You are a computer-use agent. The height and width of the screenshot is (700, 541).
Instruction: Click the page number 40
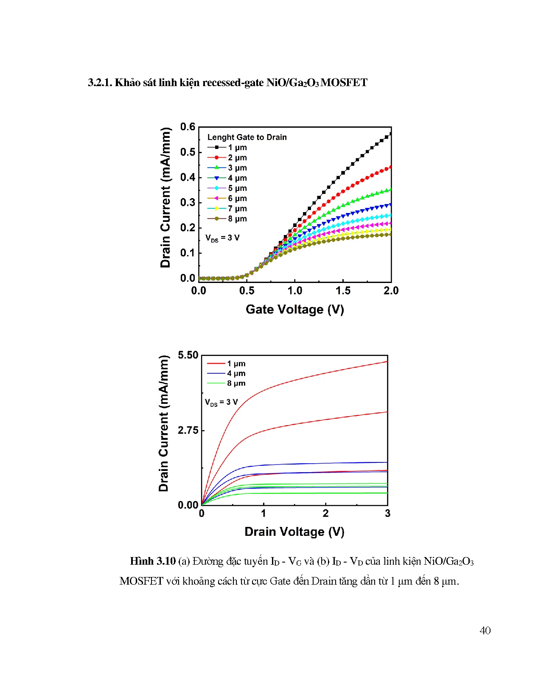[485, 630]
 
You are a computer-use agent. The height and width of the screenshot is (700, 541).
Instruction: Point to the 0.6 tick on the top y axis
[188, 127]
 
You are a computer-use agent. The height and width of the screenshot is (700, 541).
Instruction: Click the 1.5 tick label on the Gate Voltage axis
[343, 291]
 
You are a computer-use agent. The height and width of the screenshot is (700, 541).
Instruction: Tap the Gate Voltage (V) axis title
[294, 309]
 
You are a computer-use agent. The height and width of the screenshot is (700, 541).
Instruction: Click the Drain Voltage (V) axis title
[294, 532]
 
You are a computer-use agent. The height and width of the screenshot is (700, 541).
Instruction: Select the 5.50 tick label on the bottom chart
[188, 355]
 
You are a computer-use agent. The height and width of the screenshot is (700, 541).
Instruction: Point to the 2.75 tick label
[188, 430]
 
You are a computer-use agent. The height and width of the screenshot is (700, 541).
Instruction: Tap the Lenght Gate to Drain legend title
[247, 137]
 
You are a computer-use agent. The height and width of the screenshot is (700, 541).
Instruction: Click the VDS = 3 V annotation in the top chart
[222, 238]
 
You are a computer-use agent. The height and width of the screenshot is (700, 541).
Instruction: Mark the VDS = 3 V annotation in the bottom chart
[221, 402]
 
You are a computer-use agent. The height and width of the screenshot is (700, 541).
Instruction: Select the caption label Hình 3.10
[153, 561]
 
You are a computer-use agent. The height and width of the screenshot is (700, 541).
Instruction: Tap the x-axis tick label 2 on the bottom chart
[325, 513]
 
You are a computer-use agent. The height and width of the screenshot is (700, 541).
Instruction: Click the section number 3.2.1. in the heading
[100, 82]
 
